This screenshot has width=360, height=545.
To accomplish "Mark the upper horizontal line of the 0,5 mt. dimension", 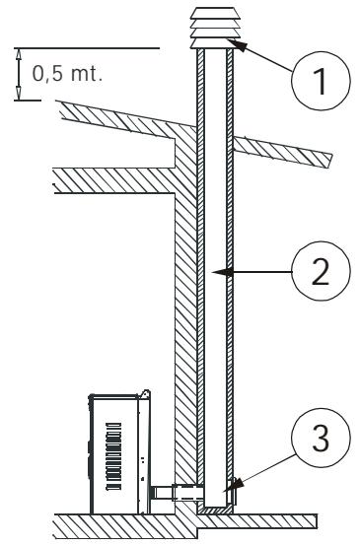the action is click(x=89, y=47).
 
